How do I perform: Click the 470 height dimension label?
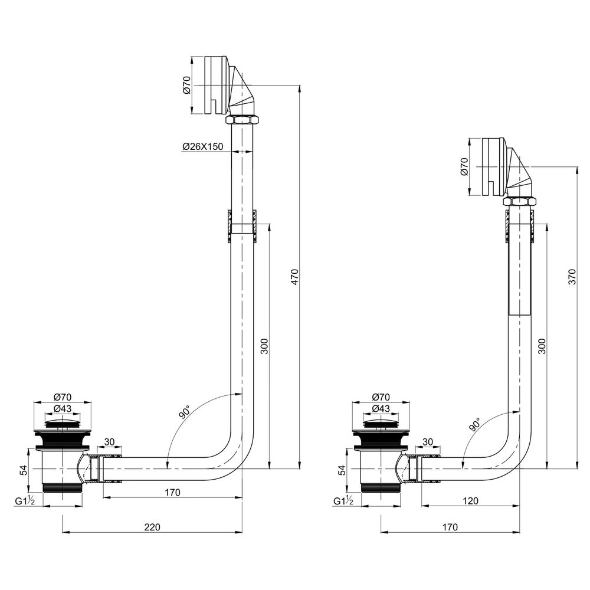(x=294, y=277)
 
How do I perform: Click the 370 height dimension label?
(x=572, y=277)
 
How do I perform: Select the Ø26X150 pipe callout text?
(x=203, y=146)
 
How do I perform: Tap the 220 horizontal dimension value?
(x=152, y=527)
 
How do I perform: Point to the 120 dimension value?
(x=470, y=501)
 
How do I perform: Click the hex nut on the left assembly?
(x=242, y=120)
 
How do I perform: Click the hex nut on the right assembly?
(x=520, y=201)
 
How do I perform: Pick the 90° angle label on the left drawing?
(x=184, y=412)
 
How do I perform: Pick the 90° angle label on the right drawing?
(x=475, y=424)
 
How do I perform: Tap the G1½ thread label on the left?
(x=25, y=501)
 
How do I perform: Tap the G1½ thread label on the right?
(x=343, y=501)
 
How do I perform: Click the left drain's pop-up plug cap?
(x=63, y=422)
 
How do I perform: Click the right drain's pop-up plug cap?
(x=381, y=422)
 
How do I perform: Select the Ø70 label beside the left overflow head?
(x=186, y=85)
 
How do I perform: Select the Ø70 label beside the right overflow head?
(x=464, y=166)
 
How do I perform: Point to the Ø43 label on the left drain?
(x=63, y=408)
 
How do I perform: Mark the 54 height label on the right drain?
(x=342, y=470)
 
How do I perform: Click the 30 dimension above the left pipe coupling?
(x=109, y=442)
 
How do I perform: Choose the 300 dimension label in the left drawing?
(x=264, y=346)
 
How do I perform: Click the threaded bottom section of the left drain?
(x=63, y=488)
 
